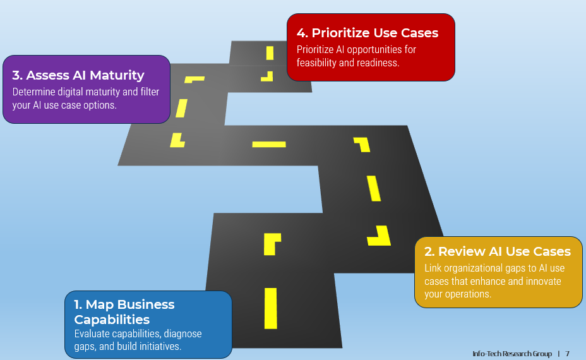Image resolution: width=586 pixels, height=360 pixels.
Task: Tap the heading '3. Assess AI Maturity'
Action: point(78,75)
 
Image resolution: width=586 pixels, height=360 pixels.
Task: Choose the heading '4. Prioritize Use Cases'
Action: point(367,33)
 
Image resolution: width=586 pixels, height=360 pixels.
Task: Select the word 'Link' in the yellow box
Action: point(434,268)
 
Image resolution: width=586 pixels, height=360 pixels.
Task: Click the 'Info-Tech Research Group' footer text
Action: point(511,354)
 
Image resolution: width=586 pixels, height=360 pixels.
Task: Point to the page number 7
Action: point(567,354)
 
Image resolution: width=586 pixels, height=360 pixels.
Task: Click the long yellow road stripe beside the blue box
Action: point(271,308)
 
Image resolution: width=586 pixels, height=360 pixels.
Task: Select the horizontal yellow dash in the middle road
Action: point(269,145)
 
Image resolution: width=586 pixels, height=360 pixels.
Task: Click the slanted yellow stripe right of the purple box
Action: point(182,107)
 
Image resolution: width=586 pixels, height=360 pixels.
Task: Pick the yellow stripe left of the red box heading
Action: point(270,53)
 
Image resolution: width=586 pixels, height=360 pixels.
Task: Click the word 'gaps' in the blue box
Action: point(85,346)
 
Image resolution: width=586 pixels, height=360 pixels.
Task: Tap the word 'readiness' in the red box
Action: point(377,63)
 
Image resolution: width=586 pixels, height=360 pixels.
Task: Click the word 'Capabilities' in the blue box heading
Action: point(112,319)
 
